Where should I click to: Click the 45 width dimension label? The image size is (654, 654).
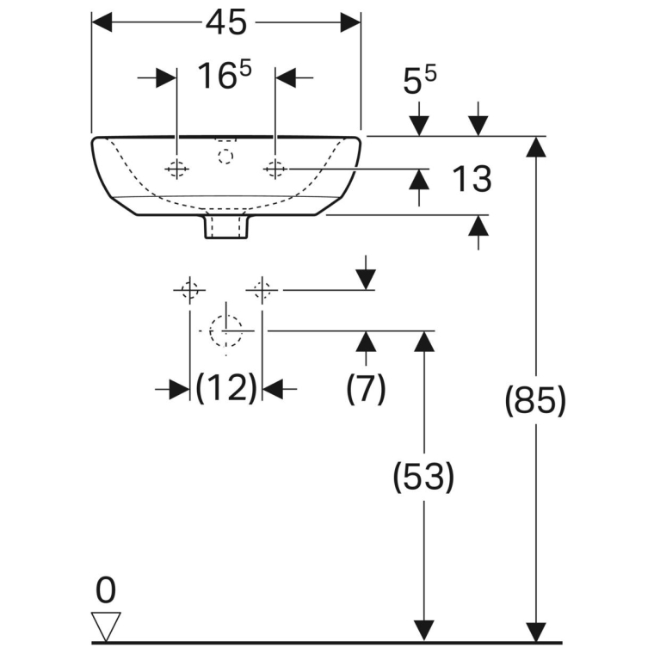tap(226, 22)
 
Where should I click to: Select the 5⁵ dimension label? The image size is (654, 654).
tap(419, 79)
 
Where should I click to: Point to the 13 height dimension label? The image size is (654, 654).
tap(472, 179)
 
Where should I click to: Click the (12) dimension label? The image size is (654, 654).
tap(226, 388)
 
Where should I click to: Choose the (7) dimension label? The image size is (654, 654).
tap(366, 388)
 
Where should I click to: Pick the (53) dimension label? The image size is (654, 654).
tap(423, 477)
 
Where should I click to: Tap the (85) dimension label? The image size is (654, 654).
tap(535, 400)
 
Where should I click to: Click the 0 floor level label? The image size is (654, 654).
tap(106, 590)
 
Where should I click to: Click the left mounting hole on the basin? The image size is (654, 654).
tap(177, 169)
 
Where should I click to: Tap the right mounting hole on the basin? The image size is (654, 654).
tap(275, 169)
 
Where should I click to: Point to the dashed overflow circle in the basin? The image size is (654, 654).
tap(225, 157)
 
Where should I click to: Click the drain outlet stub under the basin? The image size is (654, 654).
tap(226, 226)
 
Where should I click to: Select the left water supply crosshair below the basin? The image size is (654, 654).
tap(190, 289)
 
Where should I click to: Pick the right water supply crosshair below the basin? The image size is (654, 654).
tap(262, 289)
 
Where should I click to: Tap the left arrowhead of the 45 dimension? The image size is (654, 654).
tap(102, 22)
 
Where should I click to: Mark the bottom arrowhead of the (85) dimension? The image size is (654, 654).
tap(536, 632)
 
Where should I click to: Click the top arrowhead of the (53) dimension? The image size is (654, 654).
tap(424, 341)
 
